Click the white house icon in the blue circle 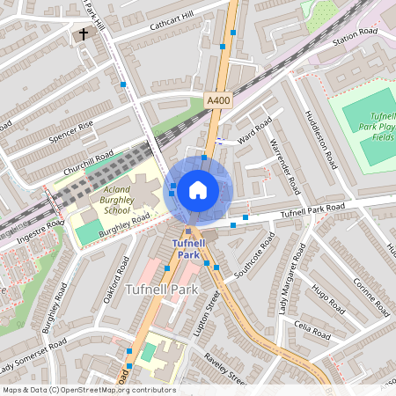click(198, 189)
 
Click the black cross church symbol click(84, 35)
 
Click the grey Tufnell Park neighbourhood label click(165, 289)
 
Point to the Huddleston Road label click(320, 141)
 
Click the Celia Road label click(313, 334)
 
